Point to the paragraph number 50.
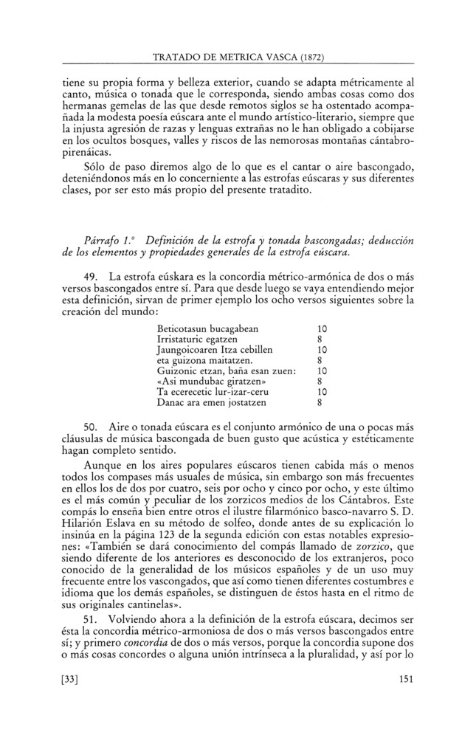pos(92,429)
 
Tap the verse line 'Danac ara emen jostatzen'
pos(211,404)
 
